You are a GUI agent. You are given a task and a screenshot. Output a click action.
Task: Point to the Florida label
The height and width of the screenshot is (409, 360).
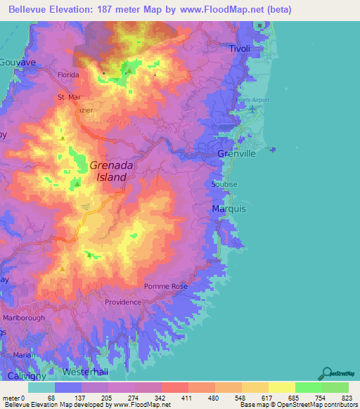[x=68, y=74]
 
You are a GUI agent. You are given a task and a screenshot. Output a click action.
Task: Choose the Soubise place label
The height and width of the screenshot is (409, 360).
[x=223, y=184]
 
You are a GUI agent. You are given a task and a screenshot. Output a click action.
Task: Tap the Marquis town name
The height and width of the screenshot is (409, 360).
[x=228, y=209]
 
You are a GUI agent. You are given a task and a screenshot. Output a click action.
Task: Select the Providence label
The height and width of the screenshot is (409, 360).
[x=122, y=301]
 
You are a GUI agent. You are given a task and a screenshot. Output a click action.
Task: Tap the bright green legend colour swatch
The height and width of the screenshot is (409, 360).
[x=308, y=387]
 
